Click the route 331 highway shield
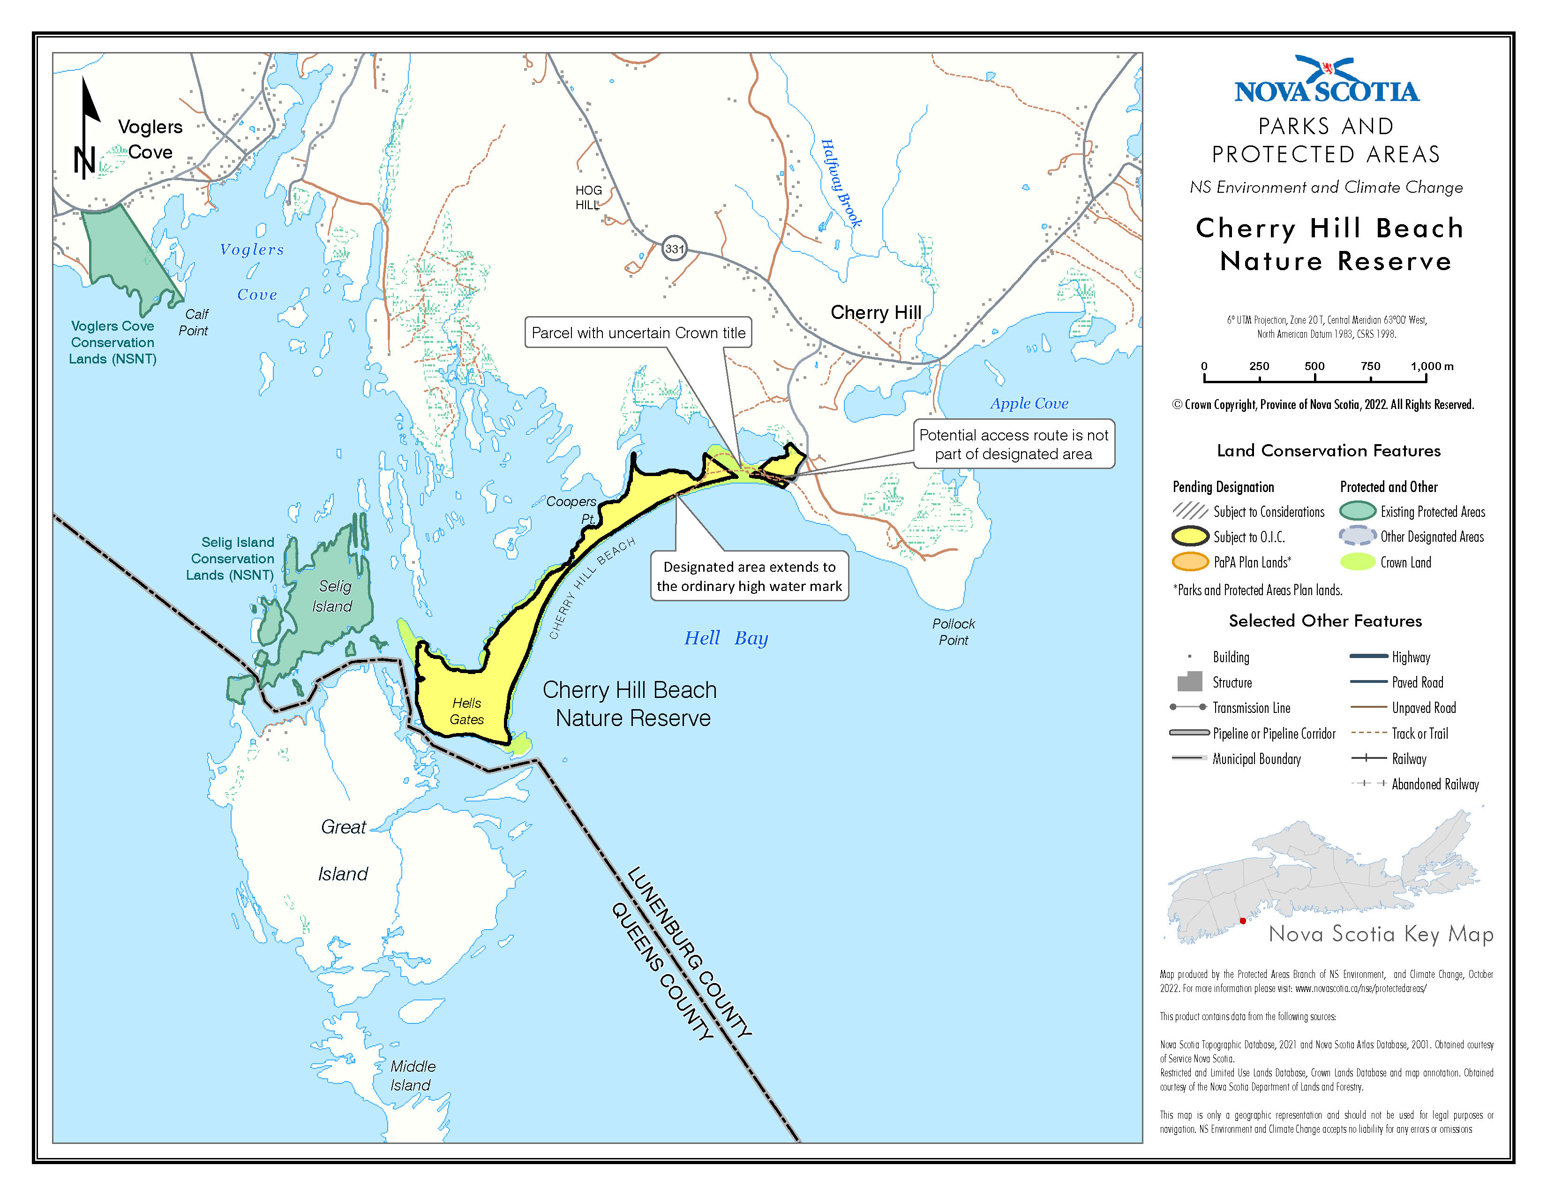pyautogui.click(x=674, y=249)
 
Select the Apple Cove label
pyautogui.click(x=1029, y=404)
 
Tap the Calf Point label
pyautogui.click(x=194, y=322)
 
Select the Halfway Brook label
pyautogui.click(x=841, y=183)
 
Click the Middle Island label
pyautogui.click(x=412, y=1075)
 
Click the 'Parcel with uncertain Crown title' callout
pyautogui.click(x=638, y=333)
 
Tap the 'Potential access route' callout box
pyautogui.click(x=1013, y=444)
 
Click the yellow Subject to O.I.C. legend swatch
pyautogui.click(x=1189, y=537)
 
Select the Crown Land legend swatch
pyautogui.click(x=1357, y=562)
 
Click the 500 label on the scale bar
pyautogui.click(x=1314, y=366)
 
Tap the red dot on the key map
pyautogui.click(x=1242, y=920)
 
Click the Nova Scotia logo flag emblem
pyautogui.click(x=1328, y=69)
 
